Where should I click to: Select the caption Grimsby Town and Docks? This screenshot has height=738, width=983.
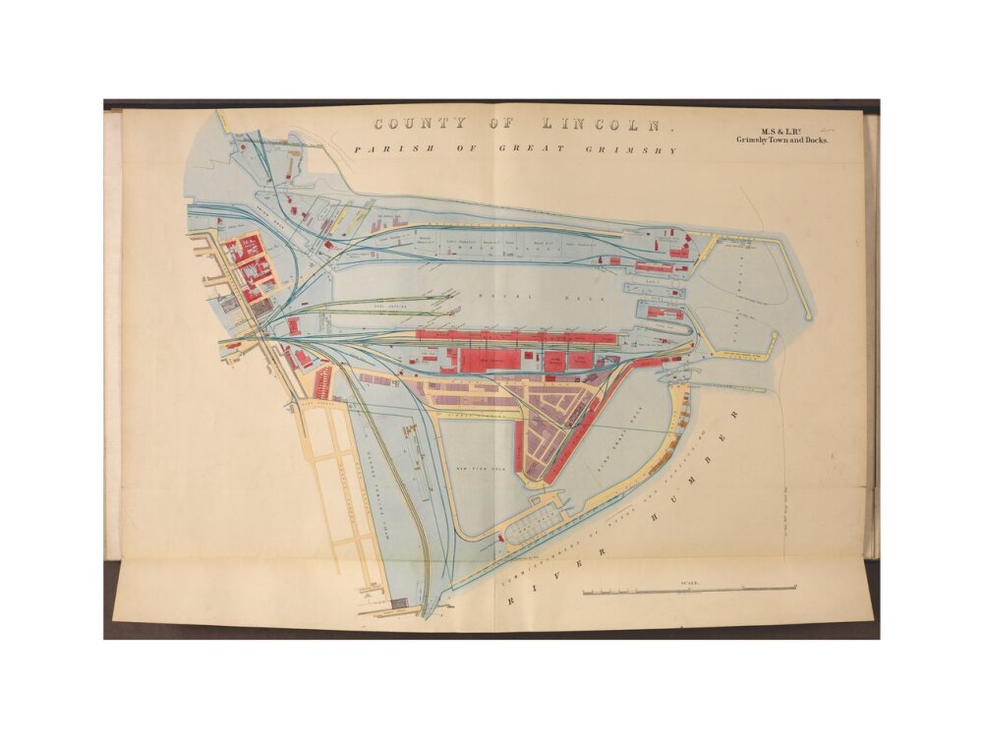click(x=782, y=141)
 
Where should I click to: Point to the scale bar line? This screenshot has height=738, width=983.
click(x=689, y=591)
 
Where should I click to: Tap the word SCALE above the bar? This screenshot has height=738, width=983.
click(x=689, y=583)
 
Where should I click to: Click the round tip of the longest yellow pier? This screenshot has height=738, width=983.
click(x=809, y=317)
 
